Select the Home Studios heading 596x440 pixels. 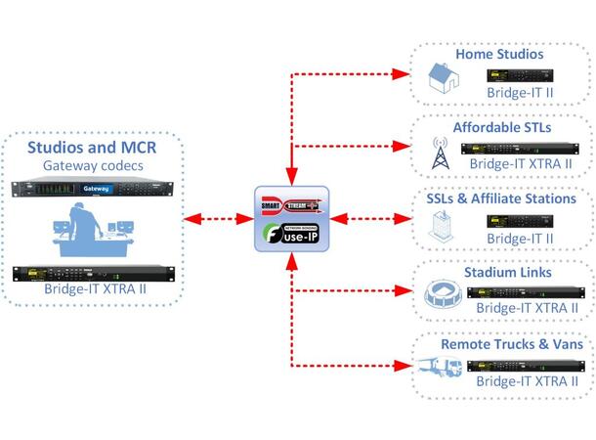point(498,55)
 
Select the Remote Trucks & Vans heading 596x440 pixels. point(512,344)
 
